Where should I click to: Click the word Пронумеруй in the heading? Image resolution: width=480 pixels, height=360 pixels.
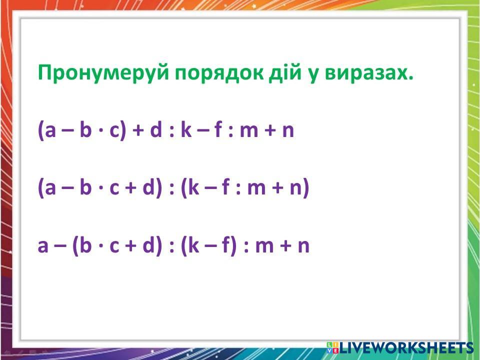coord(103,72)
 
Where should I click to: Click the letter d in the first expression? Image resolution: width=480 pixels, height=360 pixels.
coord(156,129)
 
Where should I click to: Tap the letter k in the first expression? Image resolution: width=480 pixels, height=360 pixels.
coord(186,129)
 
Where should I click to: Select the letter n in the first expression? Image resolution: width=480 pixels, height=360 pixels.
coord(288,131)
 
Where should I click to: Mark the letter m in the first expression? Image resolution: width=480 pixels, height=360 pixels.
coord(249,131)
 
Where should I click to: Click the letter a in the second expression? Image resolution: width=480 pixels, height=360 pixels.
coord(50,188)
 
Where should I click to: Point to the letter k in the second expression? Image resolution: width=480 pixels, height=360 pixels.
coord(193,187)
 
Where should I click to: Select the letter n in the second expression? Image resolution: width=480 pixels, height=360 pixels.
coord(295,188)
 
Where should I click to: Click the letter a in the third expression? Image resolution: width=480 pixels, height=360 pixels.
coord(43,246)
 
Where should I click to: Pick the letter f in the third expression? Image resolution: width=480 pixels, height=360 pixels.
coord(225,245)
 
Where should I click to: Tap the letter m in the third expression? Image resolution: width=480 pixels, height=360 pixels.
coord(264,246)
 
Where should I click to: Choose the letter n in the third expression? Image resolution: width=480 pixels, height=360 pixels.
coord(303,246)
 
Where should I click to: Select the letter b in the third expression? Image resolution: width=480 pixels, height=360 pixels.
coord(85,245)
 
